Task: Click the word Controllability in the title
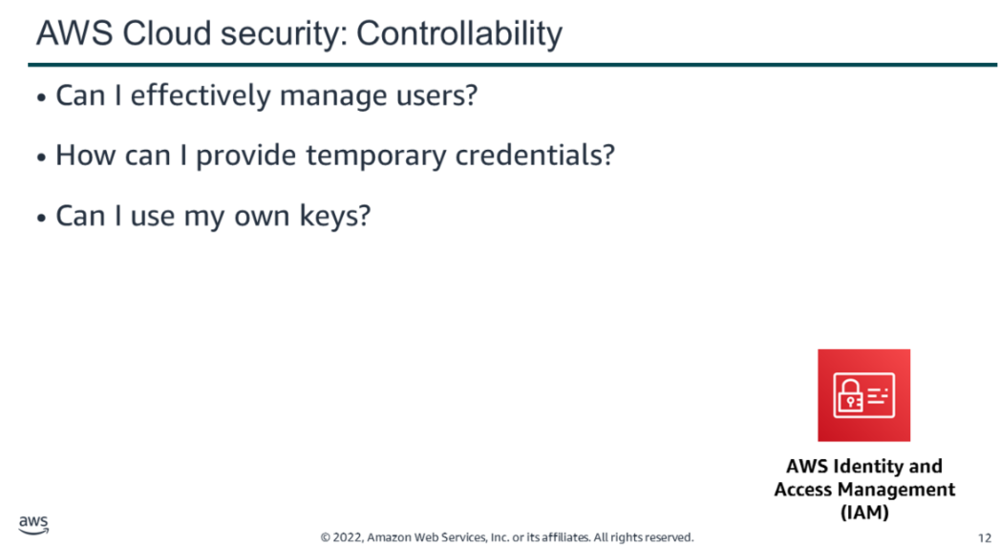point(459,34)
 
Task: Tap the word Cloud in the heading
point(166,33)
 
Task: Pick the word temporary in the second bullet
point(376,157)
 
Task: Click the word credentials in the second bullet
point(535,155)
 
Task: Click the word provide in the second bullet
point(246,157)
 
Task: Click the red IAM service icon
point(864,395)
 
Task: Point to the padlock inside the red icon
point(850,395)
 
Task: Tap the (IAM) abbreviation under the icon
point(864,513)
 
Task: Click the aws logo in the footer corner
point(33,525)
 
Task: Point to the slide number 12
point(984,538)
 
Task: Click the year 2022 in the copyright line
point(348,537)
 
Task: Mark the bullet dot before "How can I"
point(41,157)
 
